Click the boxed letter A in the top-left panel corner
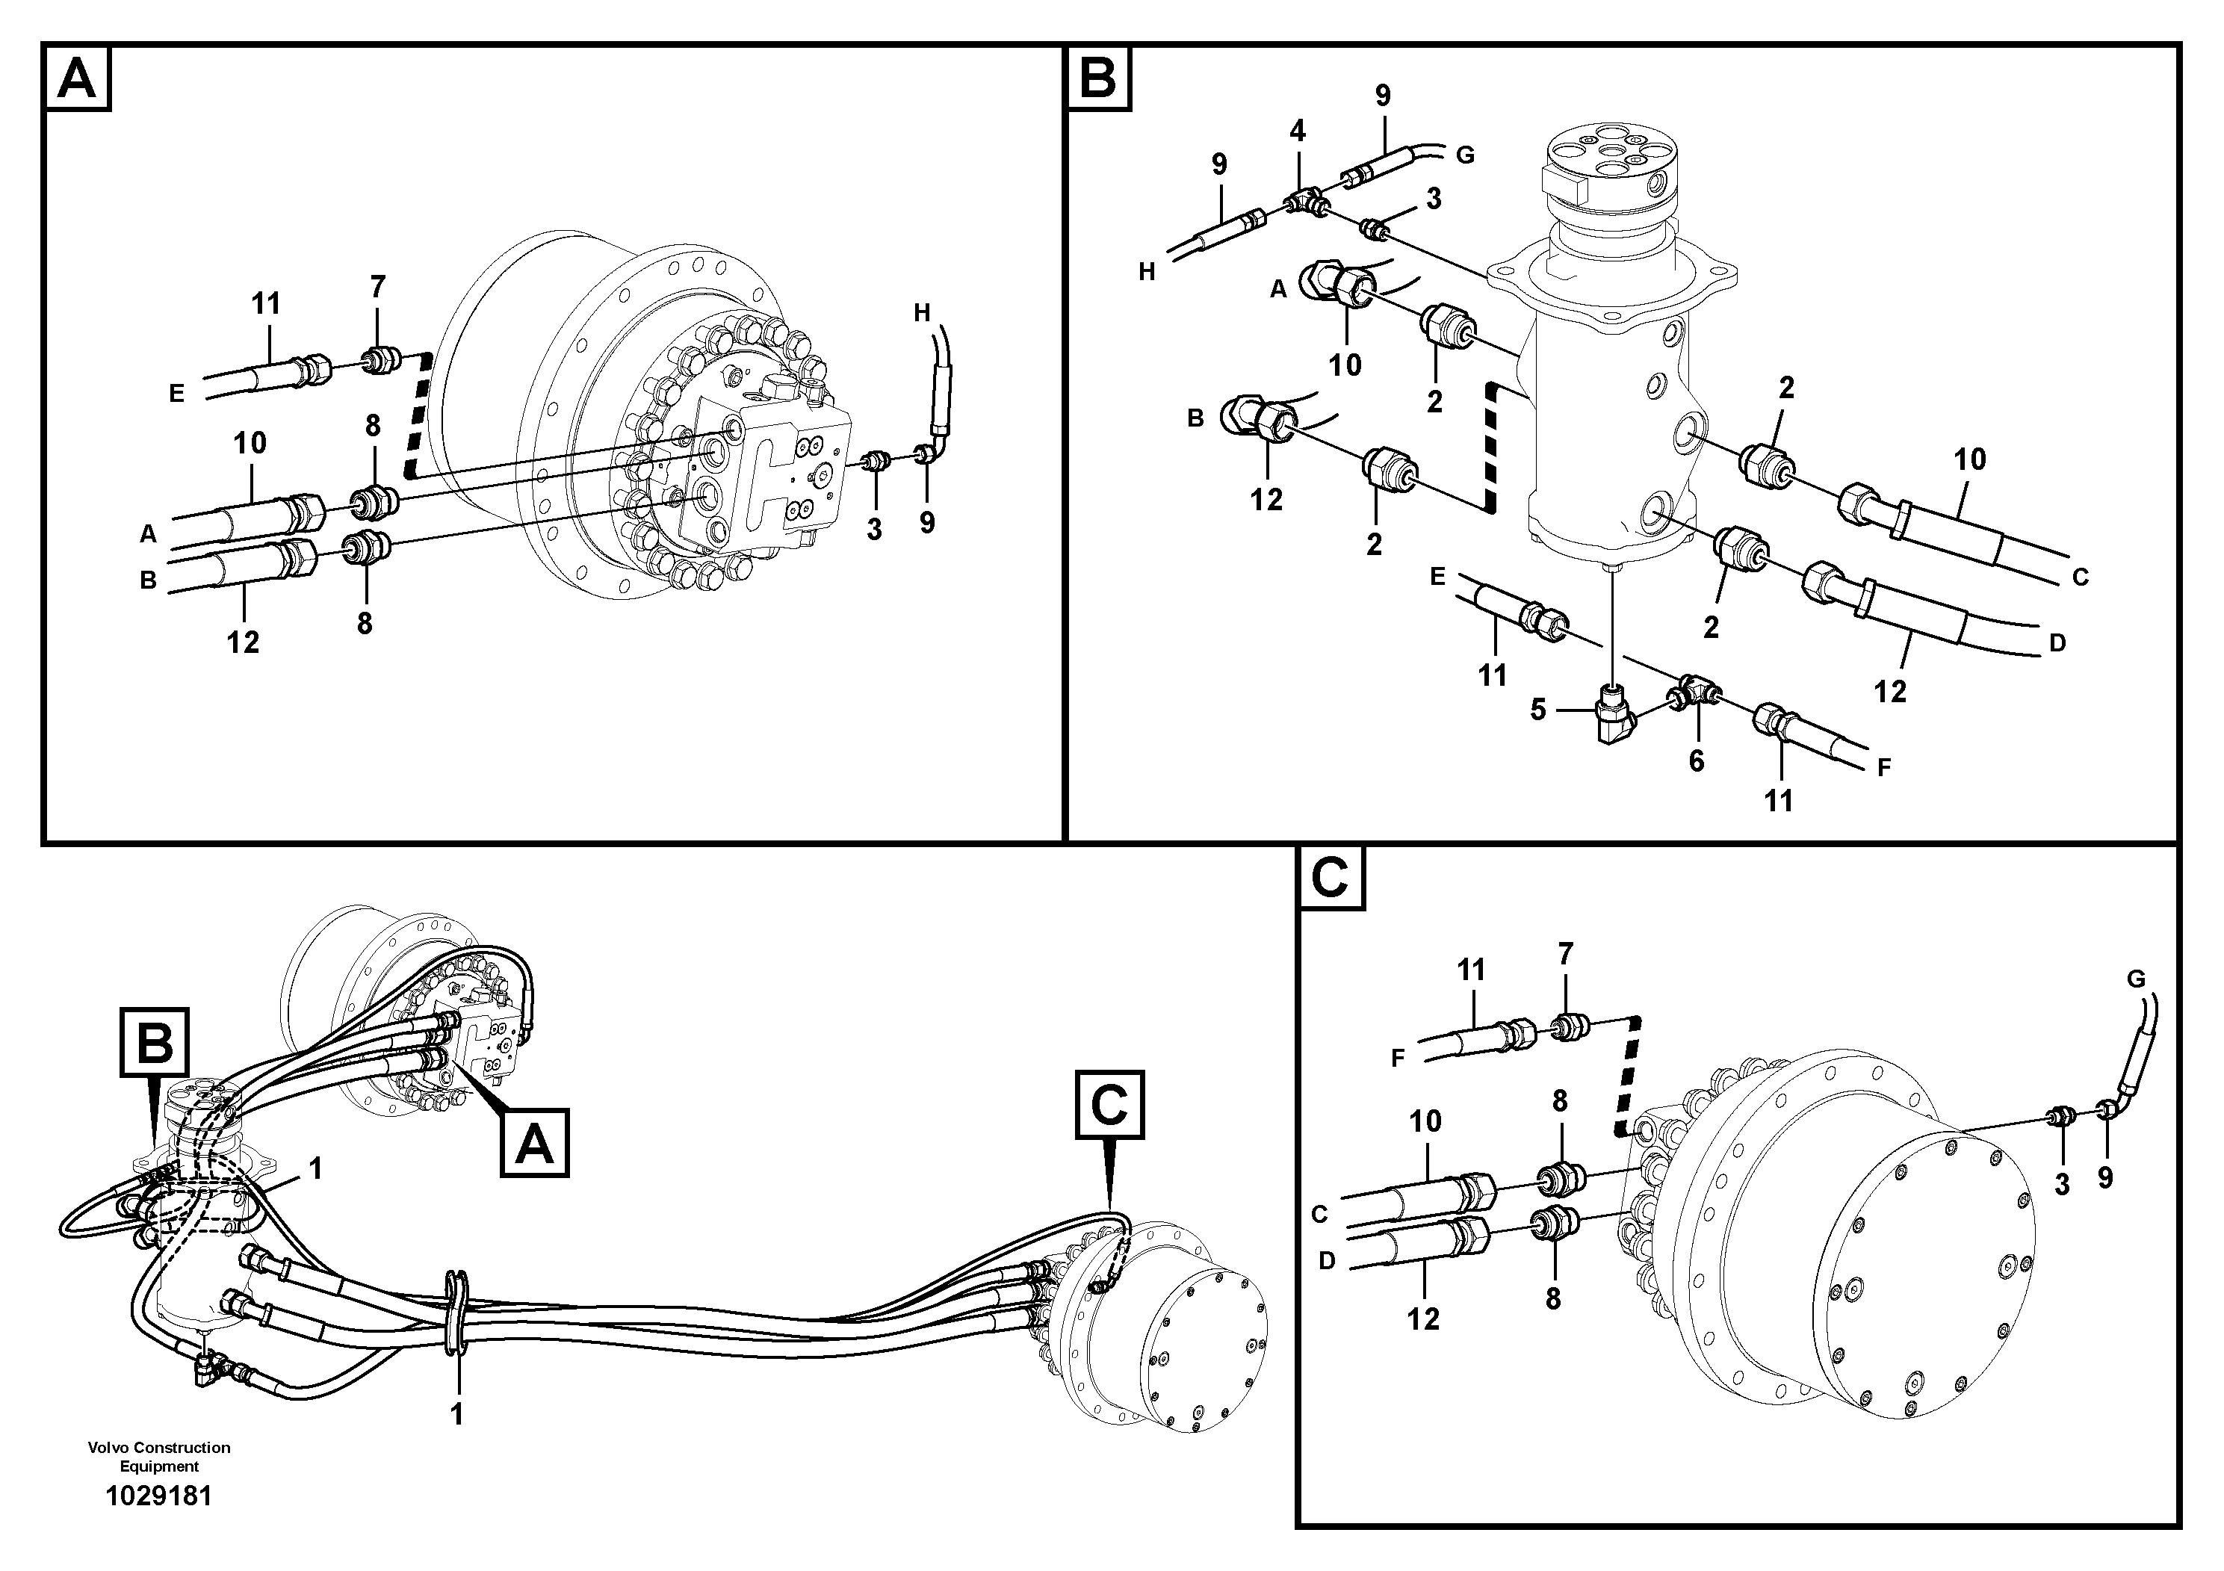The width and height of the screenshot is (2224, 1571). (x=76, y=78)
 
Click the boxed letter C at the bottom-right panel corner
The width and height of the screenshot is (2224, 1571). (x=1329, y=878)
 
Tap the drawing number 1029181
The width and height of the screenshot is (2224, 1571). (x=158, y=1496)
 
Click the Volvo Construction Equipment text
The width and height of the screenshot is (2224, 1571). (x=159, y=1456)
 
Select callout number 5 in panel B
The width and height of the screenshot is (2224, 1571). (x=1538, y=710)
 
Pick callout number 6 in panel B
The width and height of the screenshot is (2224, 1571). (x=1696, y=761)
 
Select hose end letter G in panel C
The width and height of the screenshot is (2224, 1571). (x=2136, y=979)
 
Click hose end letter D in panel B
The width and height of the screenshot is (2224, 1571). (x=2057, y=642)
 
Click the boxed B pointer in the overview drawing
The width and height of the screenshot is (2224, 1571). (x=155, y=1042)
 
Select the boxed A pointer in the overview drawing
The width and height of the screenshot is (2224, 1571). (x=533, y=1143)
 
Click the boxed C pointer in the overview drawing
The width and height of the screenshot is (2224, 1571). (x=1109, y=1104)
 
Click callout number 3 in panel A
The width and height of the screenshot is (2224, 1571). (x=874, y=529)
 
